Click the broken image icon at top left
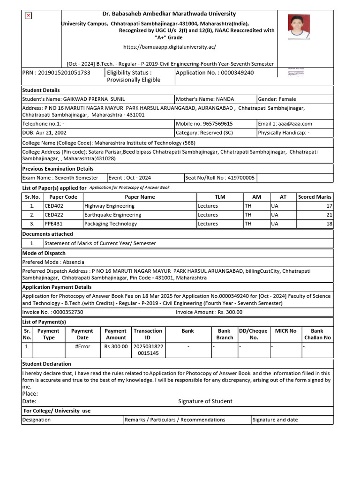28,15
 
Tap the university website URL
169,47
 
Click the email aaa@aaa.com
292,124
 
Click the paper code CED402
54,206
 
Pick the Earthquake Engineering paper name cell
112,215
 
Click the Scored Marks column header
315,197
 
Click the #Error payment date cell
82,346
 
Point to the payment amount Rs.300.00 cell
115,346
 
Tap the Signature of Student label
205,401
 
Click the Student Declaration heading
47,364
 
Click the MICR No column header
285,331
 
